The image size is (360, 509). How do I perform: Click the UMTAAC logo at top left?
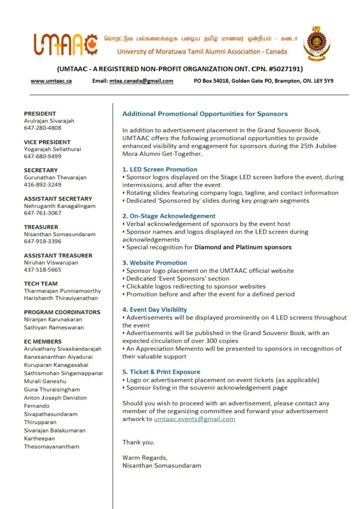(x=65, y=44)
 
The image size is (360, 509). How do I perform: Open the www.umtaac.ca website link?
(x=51, y=81)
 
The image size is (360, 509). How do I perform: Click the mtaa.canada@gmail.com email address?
(x=141, y=81)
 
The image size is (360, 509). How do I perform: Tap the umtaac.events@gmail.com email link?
(x=194, y=419)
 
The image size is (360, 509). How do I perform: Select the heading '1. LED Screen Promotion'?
(x=160, y=170)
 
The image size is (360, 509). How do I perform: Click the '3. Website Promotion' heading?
(x=155, y=263)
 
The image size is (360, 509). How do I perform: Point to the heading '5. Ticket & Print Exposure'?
(x=161, y=372)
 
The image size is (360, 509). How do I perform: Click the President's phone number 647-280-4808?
(x=43, y=128)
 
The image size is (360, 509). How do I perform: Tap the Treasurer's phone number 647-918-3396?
(x=43, y=242)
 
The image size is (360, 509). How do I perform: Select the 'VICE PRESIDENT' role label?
(x=47, y=142)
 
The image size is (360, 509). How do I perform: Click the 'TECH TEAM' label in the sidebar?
(x=40, y=284)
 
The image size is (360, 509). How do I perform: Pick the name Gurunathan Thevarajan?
(x=55, y=177)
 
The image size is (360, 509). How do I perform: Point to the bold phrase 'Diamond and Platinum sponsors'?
(x=243, y=247)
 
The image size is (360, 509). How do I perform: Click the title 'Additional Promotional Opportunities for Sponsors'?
(x=205, y=114)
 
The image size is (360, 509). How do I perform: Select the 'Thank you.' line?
(x=138, y=442)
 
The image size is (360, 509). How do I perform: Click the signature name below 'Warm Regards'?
(x=162, y=466)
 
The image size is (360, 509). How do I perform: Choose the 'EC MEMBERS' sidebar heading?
(x=43, y=341)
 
